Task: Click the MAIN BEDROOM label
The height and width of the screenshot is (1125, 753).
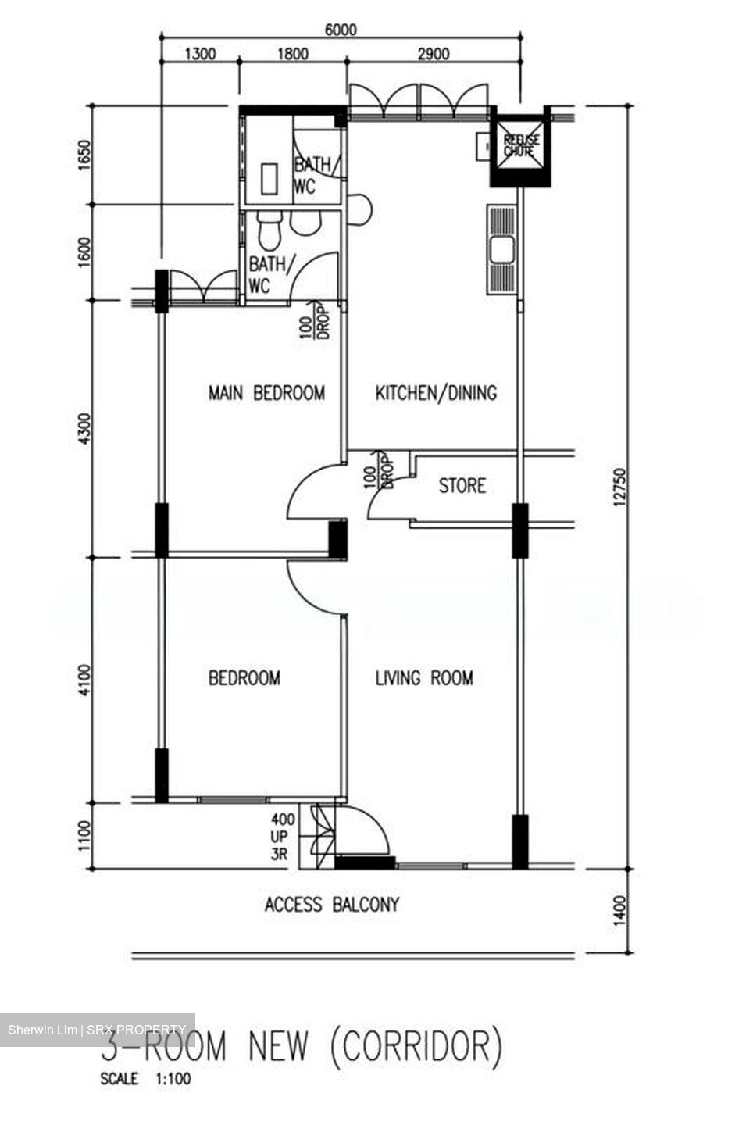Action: point(266,393)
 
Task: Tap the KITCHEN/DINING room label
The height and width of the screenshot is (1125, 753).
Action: point(436,393)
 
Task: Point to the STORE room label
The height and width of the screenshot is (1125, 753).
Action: point(462,486)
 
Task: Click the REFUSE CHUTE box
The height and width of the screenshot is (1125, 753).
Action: point(519,147)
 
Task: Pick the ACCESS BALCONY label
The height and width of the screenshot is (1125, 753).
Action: point(332,905)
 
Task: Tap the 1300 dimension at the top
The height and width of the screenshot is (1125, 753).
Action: point(199,54)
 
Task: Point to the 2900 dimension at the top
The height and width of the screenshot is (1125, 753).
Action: point(434,54)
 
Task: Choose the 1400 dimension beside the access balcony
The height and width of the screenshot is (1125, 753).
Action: point(621,909)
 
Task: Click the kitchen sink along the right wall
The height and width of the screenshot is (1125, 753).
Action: point(501,250)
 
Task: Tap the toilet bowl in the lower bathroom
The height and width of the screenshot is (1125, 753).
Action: point(268,231)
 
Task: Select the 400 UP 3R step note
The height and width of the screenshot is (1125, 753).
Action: point(283,837)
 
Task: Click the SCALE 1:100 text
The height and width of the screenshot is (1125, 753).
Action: point(145,1080)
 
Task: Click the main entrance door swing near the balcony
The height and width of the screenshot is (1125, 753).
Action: point(364,833)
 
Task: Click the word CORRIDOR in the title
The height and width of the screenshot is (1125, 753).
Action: point(416,1046)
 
